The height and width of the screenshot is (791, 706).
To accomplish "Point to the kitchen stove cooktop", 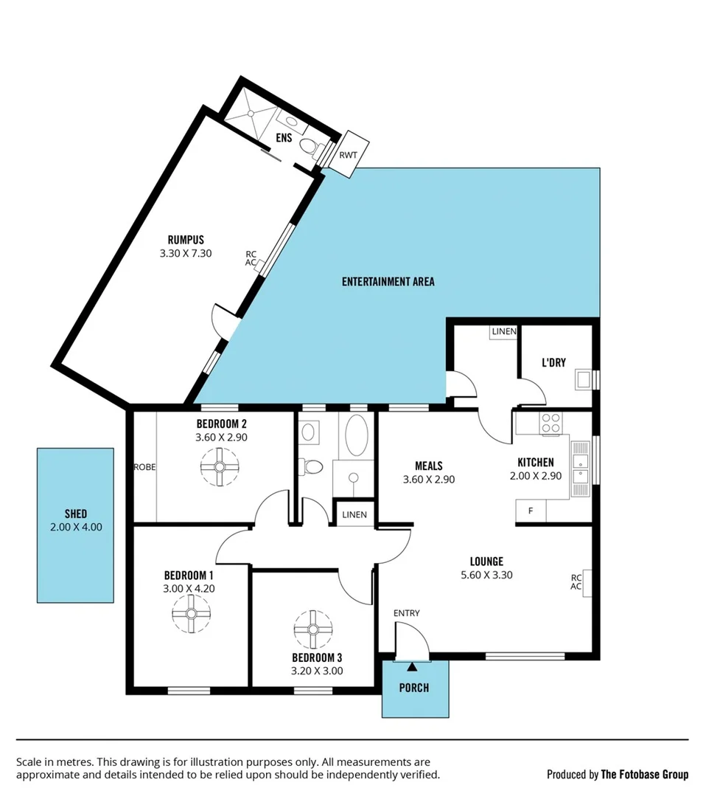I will pyautogui.click(x=551, y=423).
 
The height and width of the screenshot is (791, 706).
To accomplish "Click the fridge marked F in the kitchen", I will pyautogui.click(x=528, y=511).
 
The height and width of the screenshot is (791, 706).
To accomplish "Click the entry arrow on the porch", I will pyautogui.click(x=411, y=666).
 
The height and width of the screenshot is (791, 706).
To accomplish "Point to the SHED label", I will pyautogui.click(x=76, y=514).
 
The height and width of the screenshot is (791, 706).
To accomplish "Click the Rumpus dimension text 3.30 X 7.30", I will pyautogui.click(x=186, y=253).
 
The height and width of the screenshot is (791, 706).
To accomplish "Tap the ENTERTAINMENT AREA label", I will pyautogui.click(x=388, y=281).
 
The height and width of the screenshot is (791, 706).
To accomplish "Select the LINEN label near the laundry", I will pyautogui.click(x=504, y=332).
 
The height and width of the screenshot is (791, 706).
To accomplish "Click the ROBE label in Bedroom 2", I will pyautogui.click(x=144, y=467).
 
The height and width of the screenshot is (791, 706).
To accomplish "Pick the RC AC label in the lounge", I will pyautogui.click(x=577, y=582).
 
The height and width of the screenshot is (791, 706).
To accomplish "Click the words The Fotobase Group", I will pyautogui.click(x=644, y=774).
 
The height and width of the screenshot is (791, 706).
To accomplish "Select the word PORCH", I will pyautogui.click(x=414, y=688).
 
